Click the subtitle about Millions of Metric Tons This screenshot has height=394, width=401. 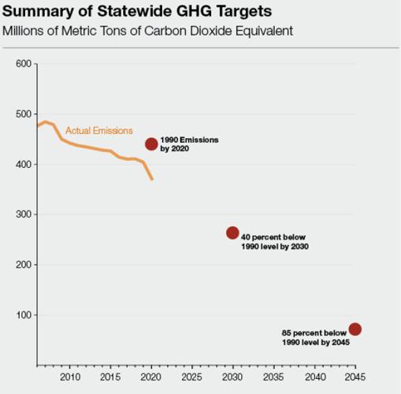pyautogui.click(x=148, y=31)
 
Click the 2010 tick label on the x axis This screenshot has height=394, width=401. pyautogui.click(x=69, y=376)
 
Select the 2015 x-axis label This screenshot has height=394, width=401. pyautogui.click(x=110, y=376)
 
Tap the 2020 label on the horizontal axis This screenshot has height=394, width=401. pyautogui.click(x=151, y=376)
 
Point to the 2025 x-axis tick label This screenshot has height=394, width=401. pyautogui.click(x=192, y=376)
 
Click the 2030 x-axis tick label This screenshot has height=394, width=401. pyautogui.click(x=233, y=376)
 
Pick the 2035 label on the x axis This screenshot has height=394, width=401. pyautogui.click(x=274, y=376)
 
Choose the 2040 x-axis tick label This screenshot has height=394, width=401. pyautogui.click(x=315, y=376)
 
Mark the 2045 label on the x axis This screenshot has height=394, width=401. pyautogui.click(x=355, y=376)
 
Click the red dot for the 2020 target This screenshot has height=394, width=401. pyautogui.click(x=151, y=144)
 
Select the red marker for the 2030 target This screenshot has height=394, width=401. pyautogui.click(x=232, y=232)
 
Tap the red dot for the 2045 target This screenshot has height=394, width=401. pyautogui.click(x=355, y=329)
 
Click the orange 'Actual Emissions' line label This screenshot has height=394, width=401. pyautogui.click(x=98, y=131)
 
